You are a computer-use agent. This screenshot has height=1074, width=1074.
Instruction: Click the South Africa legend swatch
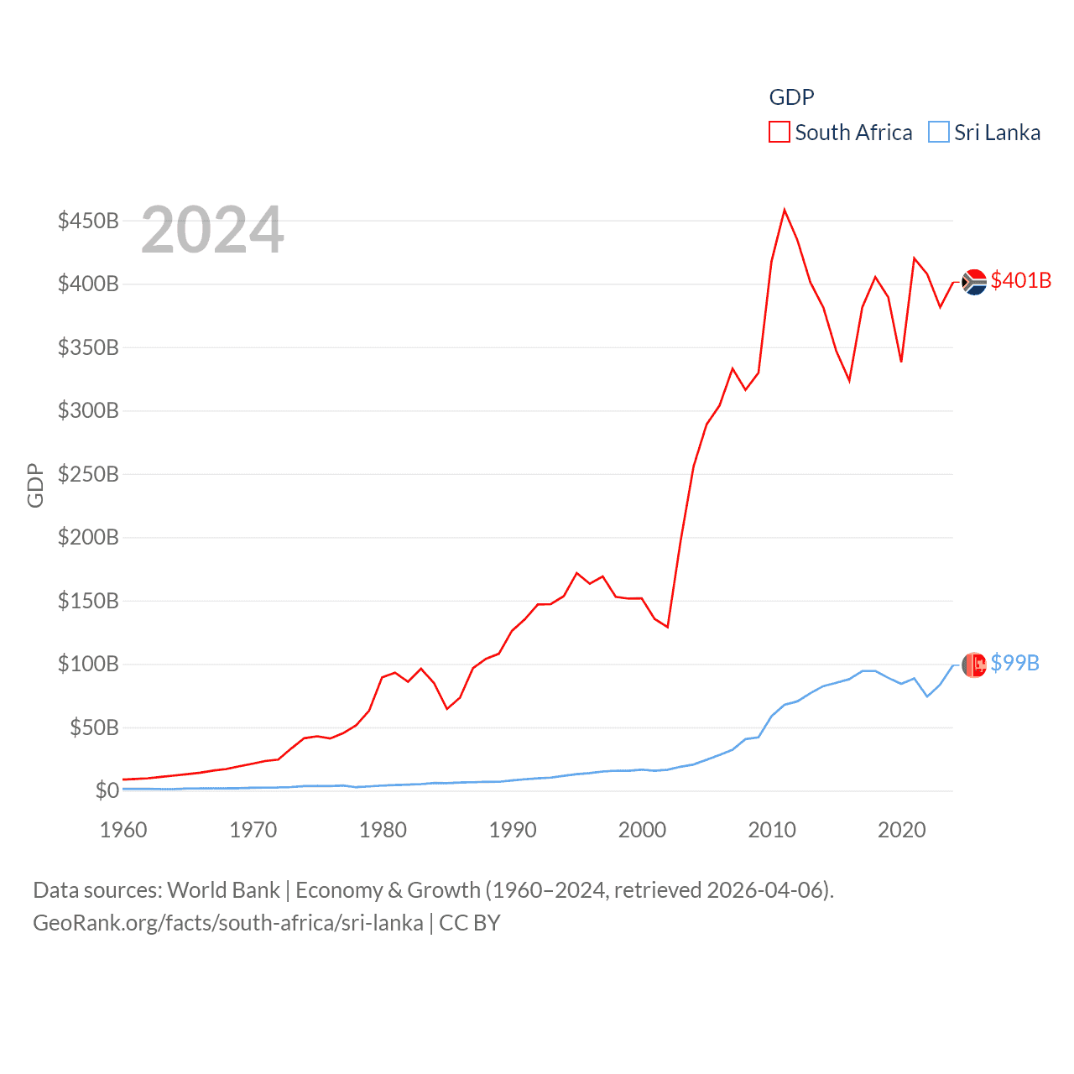779,133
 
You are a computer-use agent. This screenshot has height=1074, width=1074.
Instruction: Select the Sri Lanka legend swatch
939,133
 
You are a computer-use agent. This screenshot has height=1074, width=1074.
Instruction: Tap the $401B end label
1020,280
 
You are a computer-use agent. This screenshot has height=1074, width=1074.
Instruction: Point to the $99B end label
1014,663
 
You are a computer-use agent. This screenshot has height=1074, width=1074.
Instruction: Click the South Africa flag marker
974,282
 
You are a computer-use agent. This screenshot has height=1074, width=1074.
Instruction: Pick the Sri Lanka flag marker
974,665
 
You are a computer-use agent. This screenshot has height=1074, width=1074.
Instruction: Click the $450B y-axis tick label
88,221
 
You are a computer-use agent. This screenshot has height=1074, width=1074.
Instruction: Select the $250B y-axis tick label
88,474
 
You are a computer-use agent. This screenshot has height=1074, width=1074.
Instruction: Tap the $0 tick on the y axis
107,790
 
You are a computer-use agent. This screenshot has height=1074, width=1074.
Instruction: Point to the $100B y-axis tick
88,664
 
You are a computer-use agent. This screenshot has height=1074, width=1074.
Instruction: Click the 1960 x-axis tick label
123,830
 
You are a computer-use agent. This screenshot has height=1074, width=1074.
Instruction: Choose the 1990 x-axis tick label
513,830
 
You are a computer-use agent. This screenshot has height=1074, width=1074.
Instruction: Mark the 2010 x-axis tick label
772,830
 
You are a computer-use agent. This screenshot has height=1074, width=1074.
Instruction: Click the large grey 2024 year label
212,230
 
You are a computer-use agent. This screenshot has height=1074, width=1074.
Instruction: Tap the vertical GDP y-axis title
35,485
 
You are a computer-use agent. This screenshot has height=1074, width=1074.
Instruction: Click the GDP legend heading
791,97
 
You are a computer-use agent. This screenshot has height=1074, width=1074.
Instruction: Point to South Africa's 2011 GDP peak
785,210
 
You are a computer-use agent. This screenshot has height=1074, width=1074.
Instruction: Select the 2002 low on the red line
668,627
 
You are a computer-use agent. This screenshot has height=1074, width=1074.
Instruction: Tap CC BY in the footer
470,923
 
